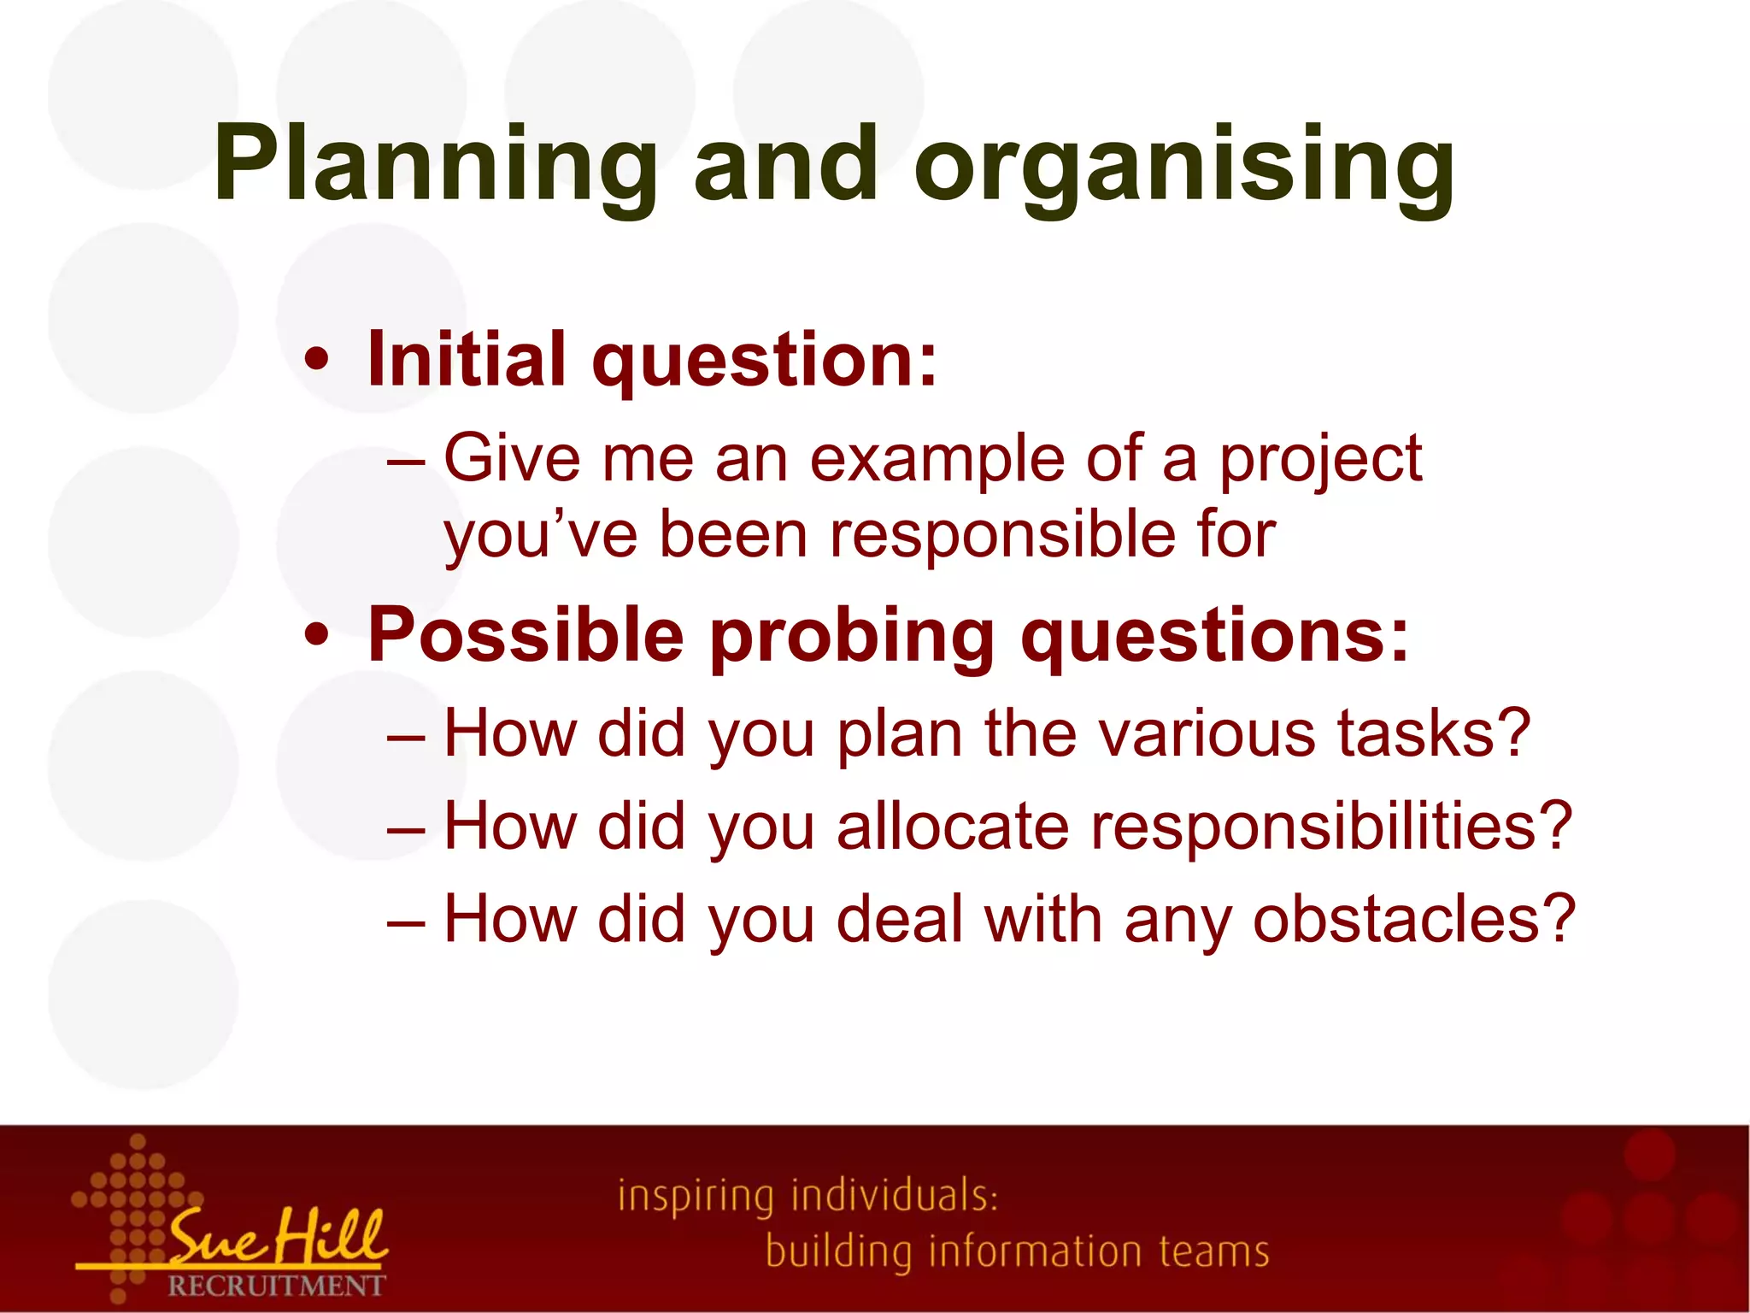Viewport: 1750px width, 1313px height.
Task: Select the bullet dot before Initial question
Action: (316, 361)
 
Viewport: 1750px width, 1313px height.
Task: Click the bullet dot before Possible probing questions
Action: (316, 636)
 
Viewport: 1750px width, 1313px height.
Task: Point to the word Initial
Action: (466, 359)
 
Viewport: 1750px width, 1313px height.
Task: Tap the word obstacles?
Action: (1413, 920)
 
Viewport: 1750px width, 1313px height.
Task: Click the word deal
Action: (899, 920)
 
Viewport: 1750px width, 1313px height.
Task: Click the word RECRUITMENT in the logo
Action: (276, 1286)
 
